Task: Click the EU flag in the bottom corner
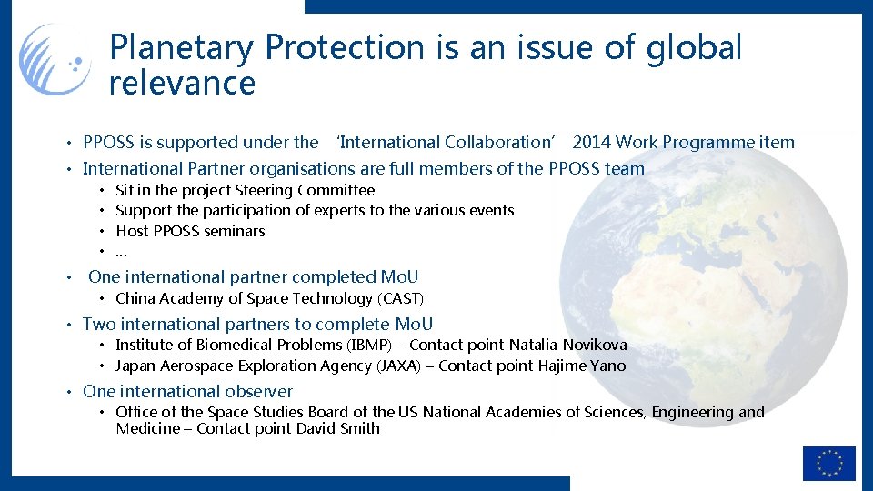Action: [x=828, y=463]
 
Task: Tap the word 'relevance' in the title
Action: [x=182, y=84]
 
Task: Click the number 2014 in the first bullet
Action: [x=591, y=143]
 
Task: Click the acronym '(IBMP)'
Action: [x=371, y=345]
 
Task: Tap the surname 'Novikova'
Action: [x=595, y=345]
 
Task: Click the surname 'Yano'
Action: [x=608, y=366]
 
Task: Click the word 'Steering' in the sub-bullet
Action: [x=264, y=190]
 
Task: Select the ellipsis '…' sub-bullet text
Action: [x=121, y=251]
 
